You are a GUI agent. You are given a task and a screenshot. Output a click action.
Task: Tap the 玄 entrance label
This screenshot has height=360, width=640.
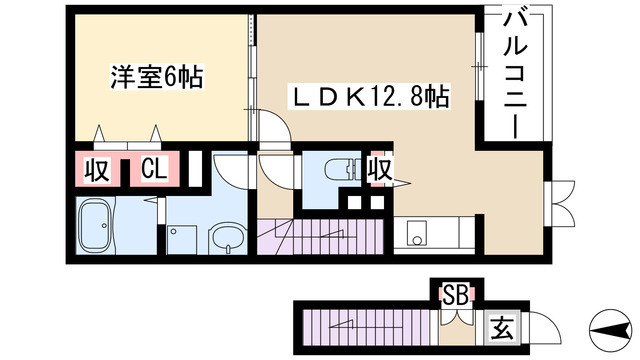[x=499, y=327]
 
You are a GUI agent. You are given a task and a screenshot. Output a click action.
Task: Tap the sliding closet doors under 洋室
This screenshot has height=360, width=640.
[x=127, y=137]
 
